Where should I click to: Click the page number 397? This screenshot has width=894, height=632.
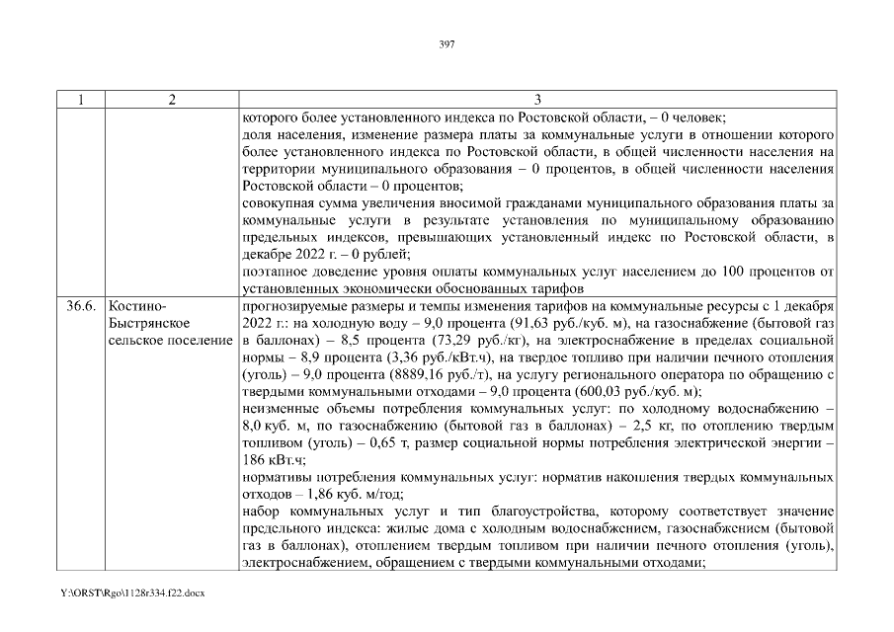(446, 42)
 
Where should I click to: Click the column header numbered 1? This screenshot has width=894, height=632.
(81, 99)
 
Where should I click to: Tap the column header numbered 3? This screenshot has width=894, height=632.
(536, 99)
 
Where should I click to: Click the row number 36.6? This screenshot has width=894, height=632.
(81, 305)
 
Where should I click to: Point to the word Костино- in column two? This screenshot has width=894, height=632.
(136, 305)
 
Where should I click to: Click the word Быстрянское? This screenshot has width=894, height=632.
(149, 323)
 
